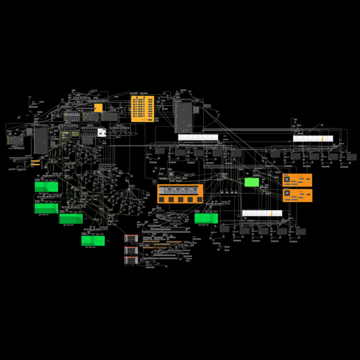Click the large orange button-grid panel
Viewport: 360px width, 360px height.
tap(142, 109)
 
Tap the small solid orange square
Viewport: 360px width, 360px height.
tap(98, 107)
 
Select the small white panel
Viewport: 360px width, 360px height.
tap(101, 132)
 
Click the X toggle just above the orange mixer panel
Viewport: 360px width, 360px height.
tap(171, 175)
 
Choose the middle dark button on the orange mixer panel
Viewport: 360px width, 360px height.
tap(180, 199)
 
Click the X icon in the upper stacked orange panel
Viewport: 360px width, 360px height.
tap(287, 179)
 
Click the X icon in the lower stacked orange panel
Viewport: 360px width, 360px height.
tap(287, 193)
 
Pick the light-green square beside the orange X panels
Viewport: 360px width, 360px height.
tap(251, 182)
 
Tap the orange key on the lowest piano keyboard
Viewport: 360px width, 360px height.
tap(272, 213)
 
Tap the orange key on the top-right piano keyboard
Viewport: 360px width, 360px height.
tap(322, 139)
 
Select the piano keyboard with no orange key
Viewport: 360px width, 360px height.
tap(198, 137)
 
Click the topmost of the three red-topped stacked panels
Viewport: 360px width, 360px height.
tap(131, 238)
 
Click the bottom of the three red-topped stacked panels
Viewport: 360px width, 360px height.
tap(131, 260)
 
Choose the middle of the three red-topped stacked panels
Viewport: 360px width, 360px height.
tap(131, 250)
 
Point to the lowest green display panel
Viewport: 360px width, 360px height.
tap(93, 240)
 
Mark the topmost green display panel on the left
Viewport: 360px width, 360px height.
tap(46, 187)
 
